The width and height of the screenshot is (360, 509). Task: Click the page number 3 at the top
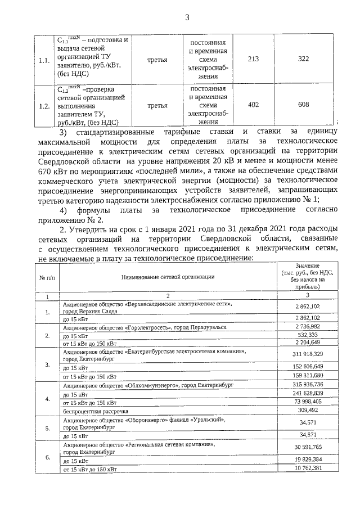(187, 17)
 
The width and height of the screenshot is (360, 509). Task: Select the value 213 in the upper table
(253, 59)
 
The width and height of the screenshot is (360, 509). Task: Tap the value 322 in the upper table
(304, 59)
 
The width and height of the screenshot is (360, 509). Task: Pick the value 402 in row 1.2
(253, 105)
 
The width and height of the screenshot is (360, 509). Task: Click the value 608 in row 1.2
(304, 105)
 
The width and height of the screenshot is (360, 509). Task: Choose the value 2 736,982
(307, 326)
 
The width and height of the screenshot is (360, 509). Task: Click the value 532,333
(307, 335)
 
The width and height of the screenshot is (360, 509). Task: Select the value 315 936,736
(307, 385)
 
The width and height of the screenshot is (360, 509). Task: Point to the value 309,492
(307, 411)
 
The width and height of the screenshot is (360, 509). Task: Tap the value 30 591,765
(307, 447)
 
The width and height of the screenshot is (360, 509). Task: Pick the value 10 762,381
(307, 469)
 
